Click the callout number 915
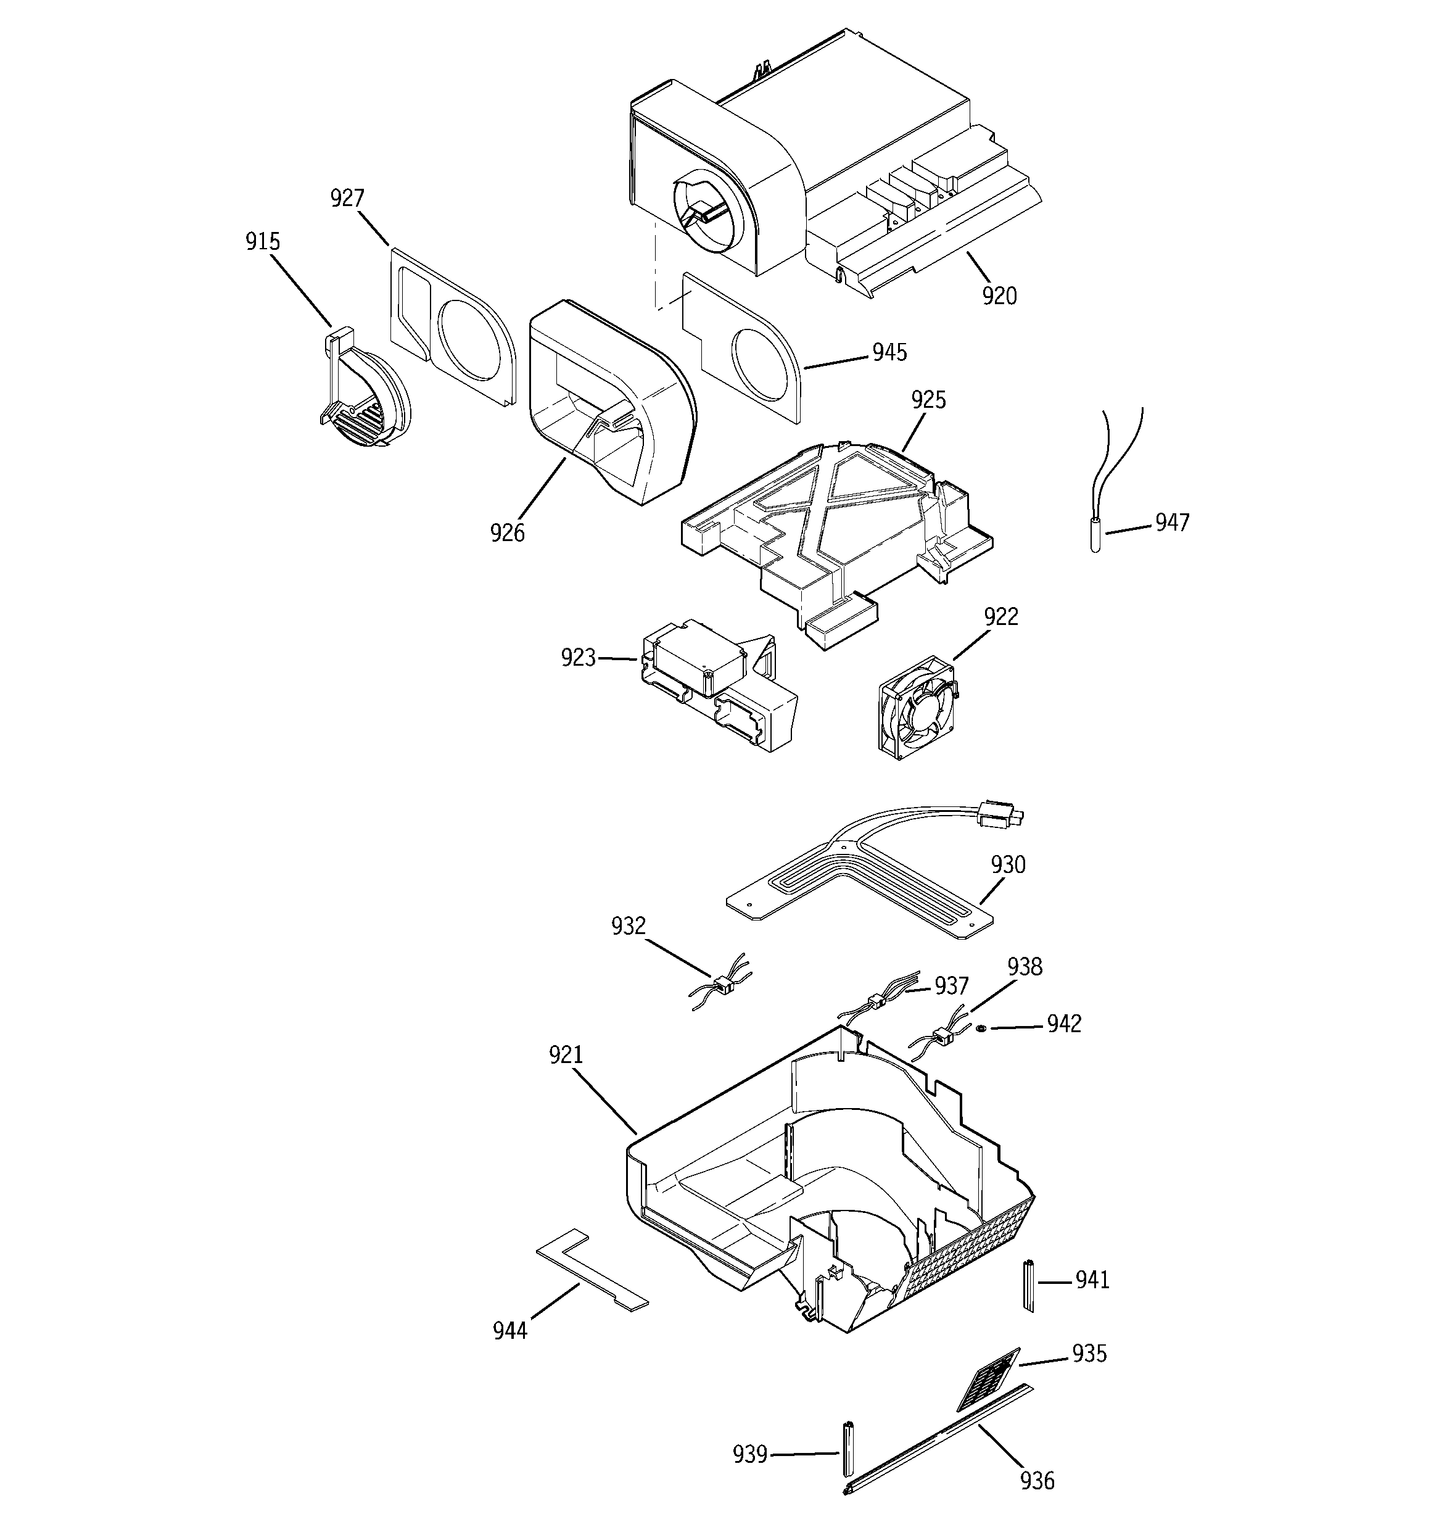(263, 241)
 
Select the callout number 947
(1172, 523)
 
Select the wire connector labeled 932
(722, 983)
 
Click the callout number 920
(999, 296)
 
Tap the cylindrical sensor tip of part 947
(1095, 536)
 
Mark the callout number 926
(507, 532)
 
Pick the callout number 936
(1037, 1480)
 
